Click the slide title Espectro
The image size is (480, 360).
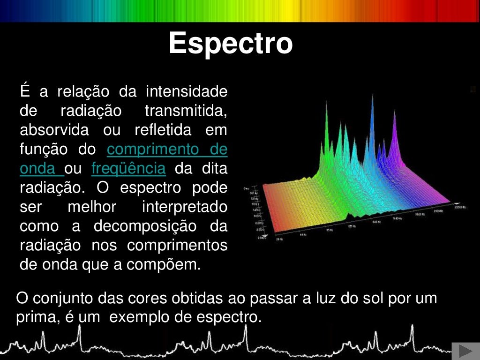pos(231,44)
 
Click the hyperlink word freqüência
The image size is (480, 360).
pos(128,168)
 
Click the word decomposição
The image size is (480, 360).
pos(145,226)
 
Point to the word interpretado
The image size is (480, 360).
pos(184,207)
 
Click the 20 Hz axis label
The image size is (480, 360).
pos(279,239)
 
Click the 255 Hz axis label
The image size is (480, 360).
pos(352,226)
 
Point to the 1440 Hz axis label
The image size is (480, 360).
pos(398,218)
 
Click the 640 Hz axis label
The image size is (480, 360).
pos(376,222)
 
